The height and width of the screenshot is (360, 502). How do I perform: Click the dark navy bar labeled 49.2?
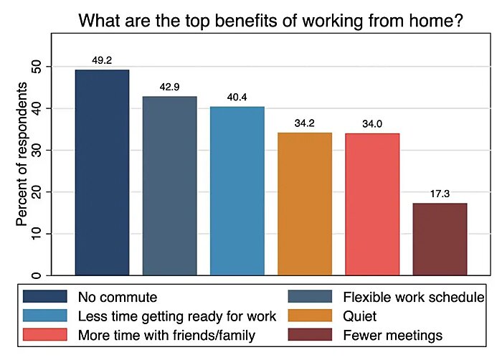tap(102, 172)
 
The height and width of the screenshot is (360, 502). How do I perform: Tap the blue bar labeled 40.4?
tap(237, 190)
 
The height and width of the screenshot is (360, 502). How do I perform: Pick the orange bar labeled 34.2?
tap(304, 204)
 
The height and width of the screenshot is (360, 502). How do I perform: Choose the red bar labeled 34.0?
tap(371, 204)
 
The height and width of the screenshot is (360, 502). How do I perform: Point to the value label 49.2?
tap(102, 61)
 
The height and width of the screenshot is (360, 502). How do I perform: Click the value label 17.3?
tap(440, 194)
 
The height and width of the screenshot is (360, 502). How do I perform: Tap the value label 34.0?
tap(371, 124)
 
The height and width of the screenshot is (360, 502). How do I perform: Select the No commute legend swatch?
tap(44, 296)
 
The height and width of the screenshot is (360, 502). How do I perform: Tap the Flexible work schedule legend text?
tap(413, 296)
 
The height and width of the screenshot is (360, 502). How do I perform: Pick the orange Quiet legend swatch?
tap(311, 316)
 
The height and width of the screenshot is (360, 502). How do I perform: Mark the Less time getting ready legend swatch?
tap(44, 316)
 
